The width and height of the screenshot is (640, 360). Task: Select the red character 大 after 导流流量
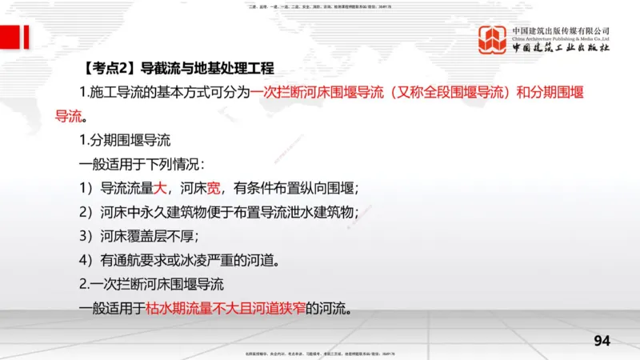pos(161,189)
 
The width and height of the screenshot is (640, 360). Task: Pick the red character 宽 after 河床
pos(214,189)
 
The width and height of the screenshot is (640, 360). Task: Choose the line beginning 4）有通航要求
pos(183,260)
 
